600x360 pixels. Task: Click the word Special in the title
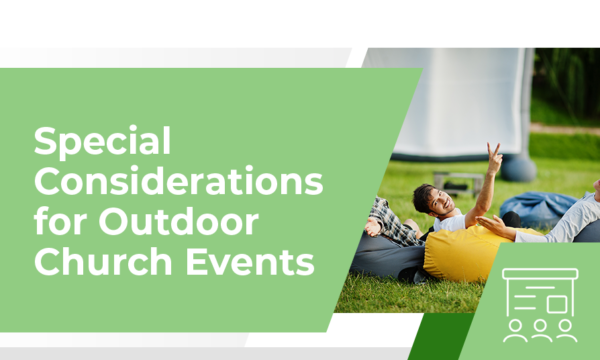[102, 142]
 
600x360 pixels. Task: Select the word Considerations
[178, 182]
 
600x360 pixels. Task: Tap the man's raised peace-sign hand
[493, 157]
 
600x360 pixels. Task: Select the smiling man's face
[434, 200]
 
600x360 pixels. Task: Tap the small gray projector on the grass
[459, 182]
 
